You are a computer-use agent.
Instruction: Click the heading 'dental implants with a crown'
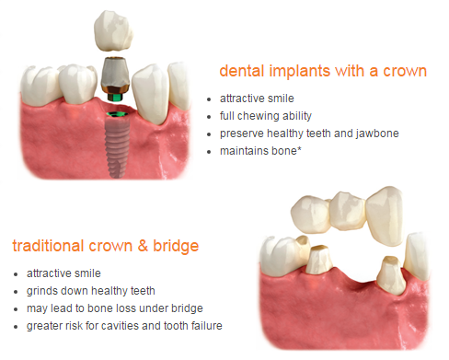[x=322, y=71]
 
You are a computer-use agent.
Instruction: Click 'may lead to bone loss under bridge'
[x=114, y=307]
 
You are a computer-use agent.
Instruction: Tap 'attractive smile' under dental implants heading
[x=259, y=97]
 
